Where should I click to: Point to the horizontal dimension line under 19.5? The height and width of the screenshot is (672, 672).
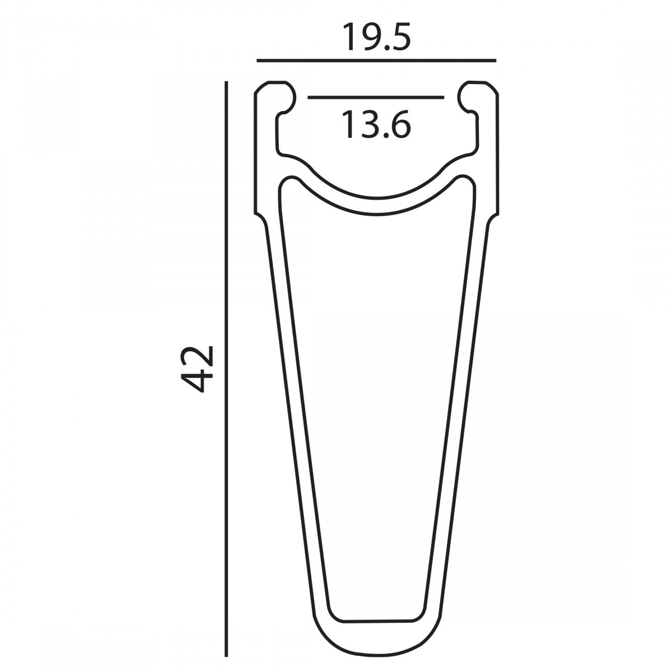376,60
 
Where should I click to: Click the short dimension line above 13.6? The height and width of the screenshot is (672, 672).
376,97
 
